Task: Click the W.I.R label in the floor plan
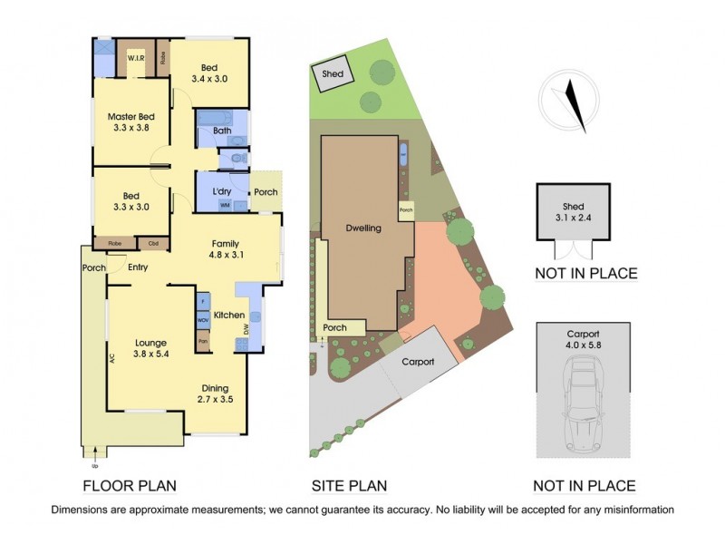point(137,58)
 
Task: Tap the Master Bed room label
point(132,122)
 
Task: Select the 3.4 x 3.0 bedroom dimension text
point(208,80)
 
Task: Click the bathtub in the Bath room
point(215,118)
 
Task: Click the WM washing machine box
point(224,206)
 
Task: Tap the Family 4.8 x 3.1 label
point(226,249)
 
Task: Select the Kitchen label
point(229,315)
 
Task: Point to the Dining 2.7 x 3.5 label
point(216,393)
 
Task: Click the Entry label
point(138,267)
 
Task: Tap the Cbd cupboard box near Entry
point(153,244)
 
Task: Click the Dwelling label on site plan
point(362,228)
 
